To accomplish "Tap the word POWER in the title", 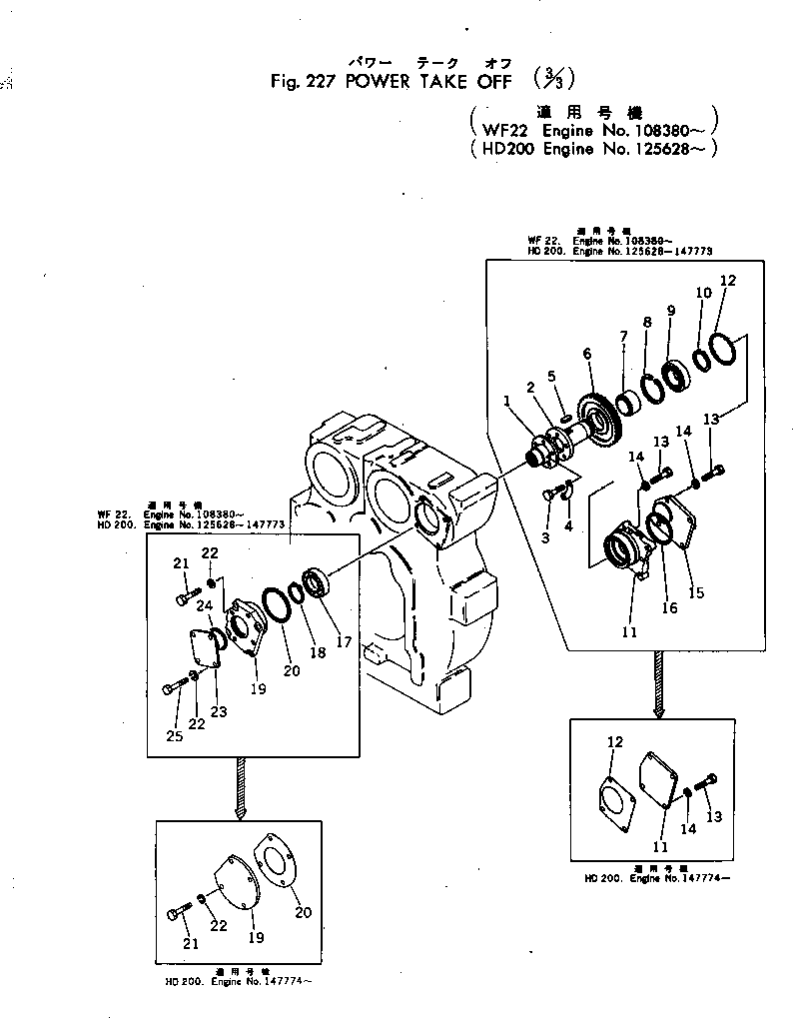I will tap(377, 82).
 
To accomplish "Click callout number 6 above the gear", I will tap(586, 354).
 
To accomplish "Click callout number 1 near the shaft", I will tap(508, 401).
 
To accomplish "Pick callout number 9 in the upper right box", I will tap(671, 311).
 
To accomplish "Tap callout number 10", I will tap(703, 293).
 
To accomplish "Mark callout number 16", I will tap(668, 607).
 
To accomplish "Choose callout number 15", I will tap(695, 593).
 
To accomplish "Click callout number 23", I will tap(218, 711).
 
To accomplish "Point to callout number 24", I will tap(203, 604).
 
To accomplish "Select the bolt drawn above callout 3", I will tap(548, 493).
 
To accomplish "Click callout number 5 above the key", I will tap(550, 376).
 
